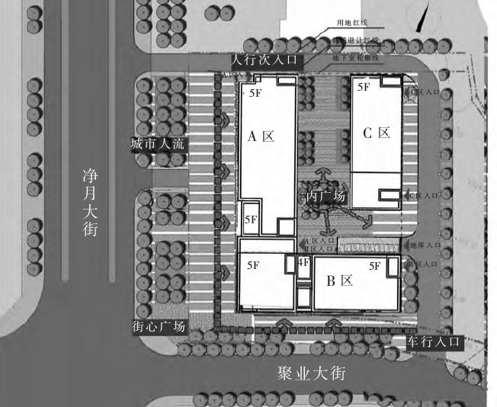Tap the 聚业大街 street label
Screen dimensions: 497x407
(x=312, y=373)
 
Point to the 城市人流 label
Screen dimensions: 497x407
(x=158, y=144)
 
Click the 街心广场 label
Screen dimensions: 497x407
(x=159, y=326)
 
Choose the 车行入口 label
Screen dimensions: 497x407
(x=433, y=342)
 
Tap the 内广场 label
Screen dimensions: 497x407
(x=325, y=197)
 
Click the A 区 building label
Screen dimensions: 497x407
(x=261, y=137)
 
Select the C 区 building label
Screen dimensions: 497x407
(x=377, y=133)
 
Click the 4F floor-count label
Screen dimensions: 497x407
(x=303, y=263)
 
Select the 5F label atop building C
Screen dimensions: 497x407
(x=364, y=87)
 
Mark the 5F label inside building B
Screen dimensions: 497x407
(x=374, y=266)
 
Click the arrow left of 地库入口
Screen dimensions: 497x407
(x=400, y=245)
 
